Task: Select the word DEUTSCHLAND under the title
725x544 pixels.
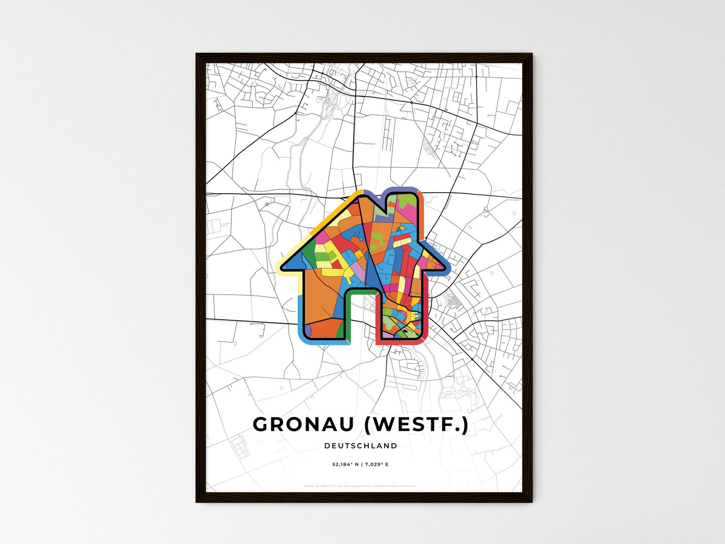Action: pos(361,446)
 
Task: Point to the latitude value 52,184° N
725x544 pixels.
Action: pos(346,465)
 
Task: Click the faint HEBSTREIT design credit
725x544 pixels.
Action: pos(328,486)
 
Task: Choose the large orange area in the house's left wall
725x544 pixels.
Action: pos(321,296)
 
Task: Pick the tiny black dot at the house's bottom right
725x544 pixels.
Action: pos(404,331)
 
